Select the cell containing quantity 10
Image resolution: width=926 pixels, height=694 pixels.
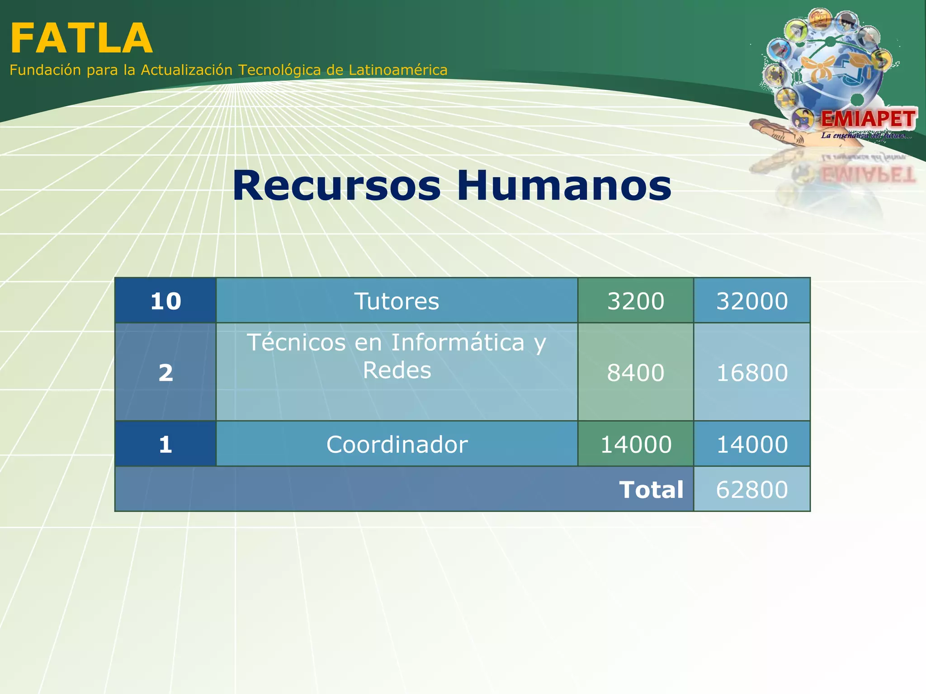[165, 301]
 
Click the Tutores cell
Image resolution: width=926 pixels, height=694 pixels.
[397, 301]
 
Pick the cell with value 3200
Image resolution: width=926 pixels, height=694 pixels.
[635, 301]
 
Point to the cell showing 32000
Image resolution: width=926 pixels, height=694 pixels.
[751, 301]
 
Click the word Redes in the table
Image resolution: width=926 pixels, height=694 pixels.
[397, 370]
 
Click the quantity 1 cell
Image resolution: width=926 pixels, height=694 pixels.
[165, 444]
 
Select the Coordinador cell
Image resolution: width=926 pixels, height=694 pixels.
[397, 444]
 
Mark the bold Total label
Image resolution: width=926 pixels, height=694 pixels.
[651, 490]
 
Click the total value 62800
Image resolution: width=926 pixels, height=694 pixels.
[751, 489]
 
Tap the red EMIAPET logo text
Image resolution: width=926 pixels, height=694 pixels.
[868, 119]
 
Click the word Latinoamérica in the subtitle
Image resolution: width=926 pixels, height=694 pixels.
[398, 70]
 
